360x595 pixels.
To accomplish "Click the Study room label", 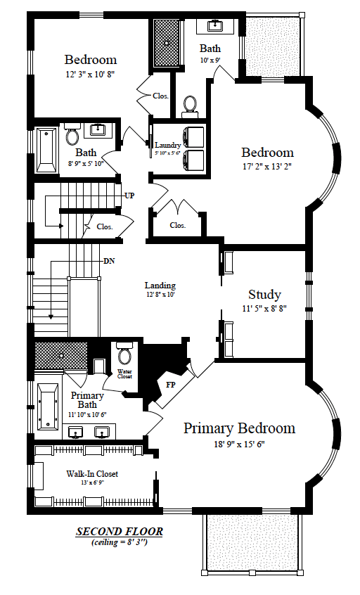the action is (x=264, y=295).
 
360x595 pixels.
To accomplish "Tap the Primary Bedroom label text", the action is (x=239, y=428).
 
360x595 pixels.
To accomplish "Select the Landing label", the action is (x=160, y=286).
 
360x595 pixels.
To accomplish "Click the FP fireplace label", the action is (x=171, y=385).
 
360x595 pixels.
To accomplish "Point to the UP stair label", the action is (x=129, y=196).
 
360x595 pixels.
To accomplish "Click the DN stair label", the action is (x=109, y=261).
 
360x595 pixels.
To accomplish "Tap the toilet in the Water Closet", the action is (x=124, y=352).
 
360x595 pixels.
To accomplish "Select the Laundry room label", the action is (x=167, y=145).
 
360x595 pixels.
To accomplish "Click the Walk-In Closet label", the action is (x=92, y=474).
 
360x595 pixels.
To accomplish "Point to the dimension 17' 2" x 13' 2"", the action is (x=267, y=166).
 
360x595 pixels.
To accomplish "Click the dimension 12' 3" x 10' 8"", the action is (x=90, y=74).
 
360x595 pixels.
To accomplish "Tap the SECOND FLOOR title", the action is (x=120, y=531).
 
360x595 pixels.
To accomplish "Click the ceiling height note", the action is (x=119, y=542).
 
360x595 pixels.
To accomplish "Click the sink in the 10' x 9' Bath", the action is (x=215, y=26).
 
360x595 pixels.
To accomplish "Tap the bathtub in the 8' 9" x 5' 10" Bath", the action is (x=46, y=150).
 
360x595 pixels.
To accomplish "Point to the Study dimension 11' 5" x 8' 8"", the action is (x=264, y=309).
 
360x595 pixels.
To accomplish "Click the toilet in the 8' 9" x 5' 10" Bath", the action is (x=72, y=134).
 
